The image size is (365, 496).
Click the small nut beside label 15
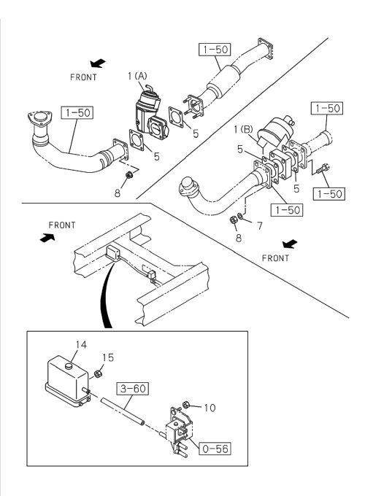(x=98, y=373)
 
